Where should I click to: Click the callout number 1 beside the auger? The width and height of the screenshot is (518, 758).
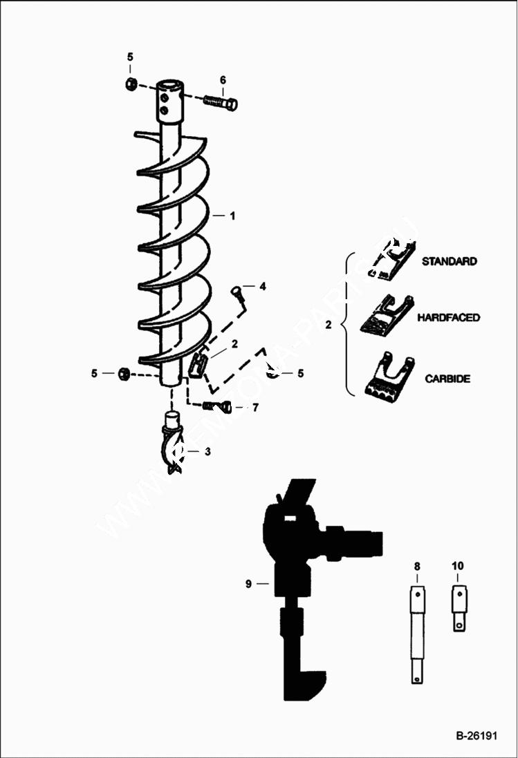coord(232,216)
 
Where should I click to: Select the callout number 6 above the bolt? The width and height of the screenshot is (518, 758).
coord(223,80)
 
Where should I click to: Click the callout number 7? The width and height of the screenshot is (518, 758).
coord(255,408)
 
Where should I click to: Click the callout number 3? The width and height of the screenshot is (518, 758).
coord(207,451)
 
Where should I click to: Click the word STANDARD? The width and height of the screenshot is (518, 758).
coord(449,262)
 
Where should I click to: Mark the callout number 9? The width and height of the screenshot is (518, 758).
coord(248,584)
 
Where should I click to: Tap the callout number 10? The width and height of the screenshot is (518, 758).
coord(458,566)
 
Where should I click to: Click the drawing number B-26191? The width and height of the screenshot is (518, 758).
coord(477,735)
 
